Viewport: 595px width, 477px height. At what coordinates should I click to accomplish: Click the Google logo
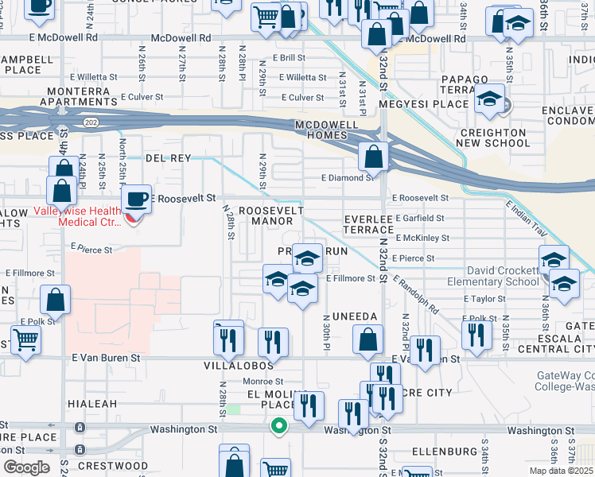point(26,467)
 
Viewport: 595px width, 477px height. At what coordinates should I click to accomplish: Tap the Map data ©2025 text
point(562,471)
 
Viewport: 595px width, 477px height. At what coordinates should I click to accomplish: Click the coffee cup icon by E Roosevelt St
point(136,199)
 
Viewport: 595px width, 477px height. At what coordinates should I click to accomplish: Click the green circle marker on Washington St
point(278,426)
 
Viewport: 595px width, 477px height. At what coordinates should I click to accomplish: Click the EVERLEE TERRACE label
point(369,223)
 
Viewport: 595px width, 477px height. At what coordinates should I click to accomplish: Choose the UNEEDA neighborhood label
point(355,316)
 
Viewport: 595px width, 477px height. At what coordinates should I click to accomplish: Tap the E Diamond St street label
point(347,178)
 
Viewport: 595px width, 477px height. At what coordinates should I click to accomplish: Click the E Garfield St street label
point(417,217)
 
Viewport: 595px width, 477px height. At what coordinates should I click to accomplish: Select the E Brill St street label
point(288,58)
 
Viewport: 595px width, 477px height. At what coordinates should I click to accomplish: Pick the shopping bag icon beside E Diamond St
point(372,157)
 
